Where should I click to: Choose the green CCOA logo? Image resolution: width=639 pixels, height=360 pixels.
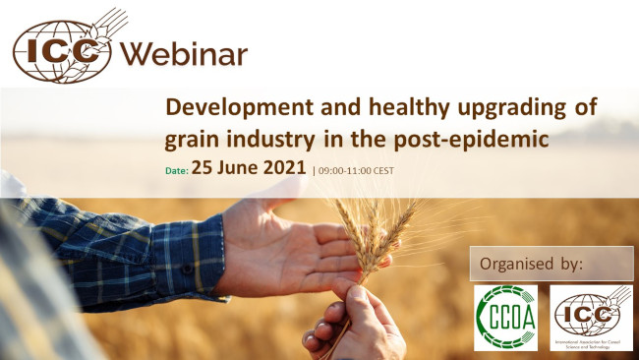click(505, 317)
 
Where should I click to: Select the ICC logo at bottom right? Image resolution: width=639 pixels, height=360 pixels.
click(591, 317)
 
